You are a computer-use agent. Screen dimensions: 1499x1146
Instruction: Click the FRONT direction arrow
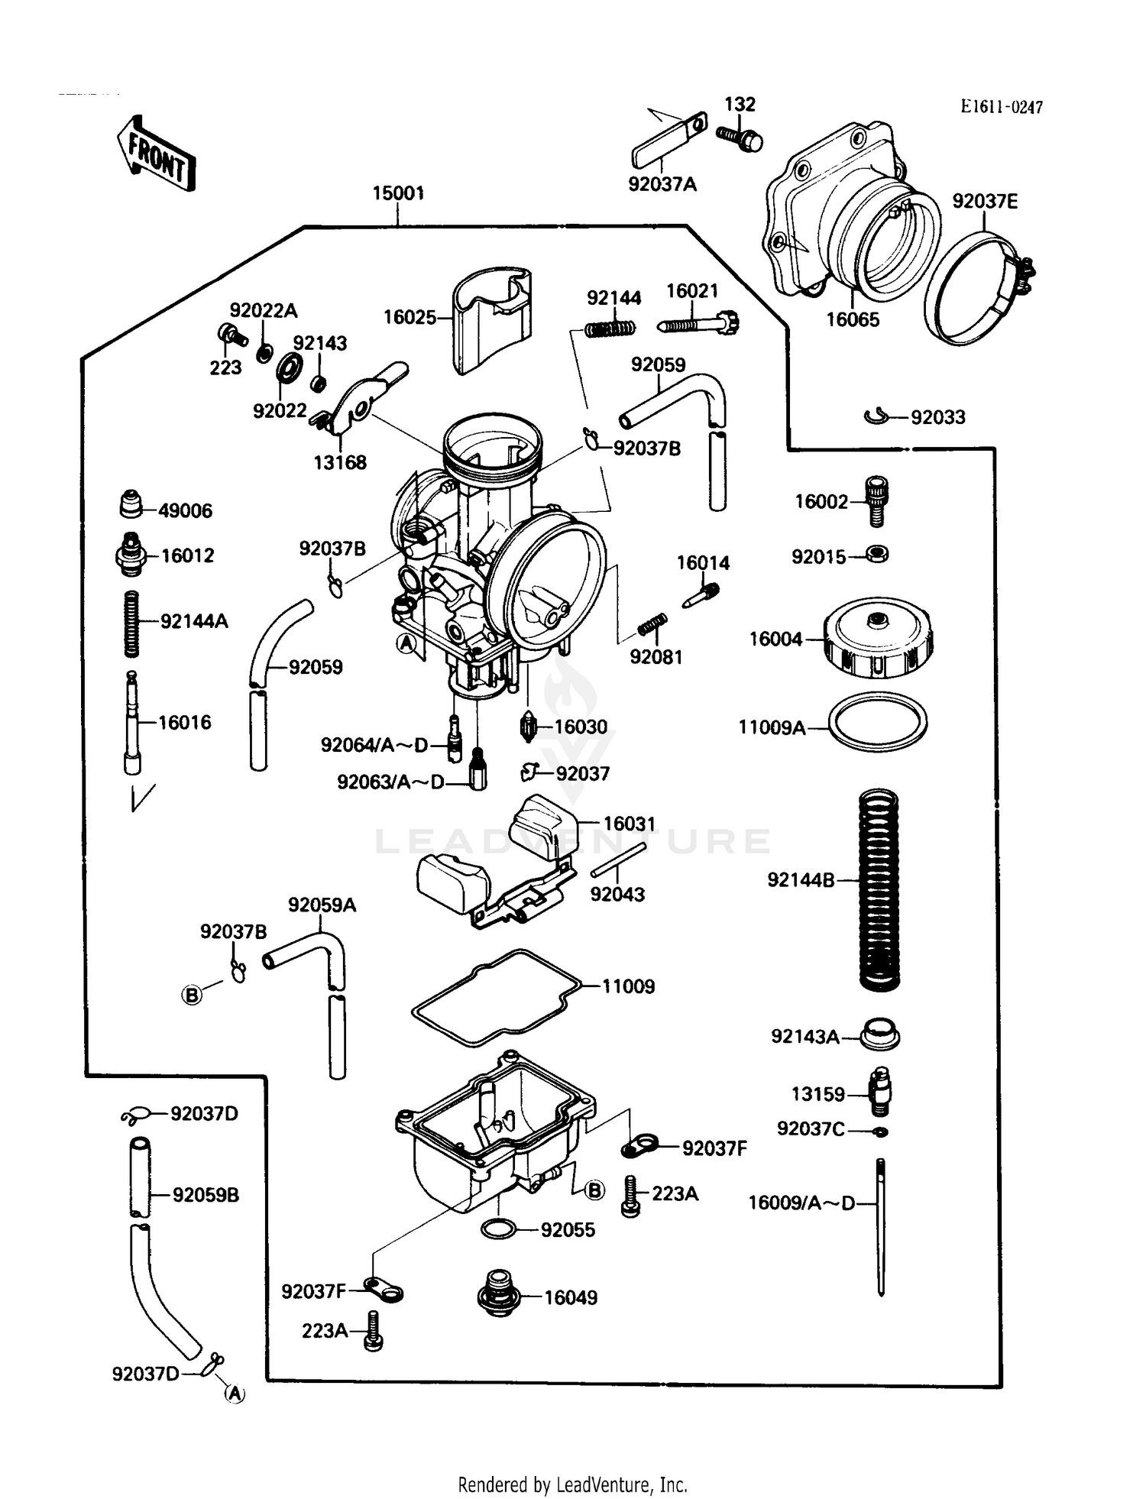(157, 154)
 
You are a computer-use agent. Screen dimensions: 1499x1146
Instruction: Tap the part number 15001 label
(398, 193)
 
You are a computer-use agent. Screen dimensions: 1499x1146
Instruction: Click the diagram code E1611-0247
(1001, 108)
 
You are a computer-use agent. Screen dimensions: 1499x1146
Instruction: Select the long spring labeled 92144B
(879, 889)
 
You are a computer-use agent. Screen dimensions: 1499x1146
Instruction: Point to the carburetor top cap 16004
(879, 638)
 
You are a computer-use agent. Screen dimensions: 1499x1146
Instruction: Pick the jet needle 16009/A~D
(881, 1226)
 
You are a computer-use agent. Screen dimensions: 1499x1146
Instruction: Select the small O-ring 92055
(497, 1229)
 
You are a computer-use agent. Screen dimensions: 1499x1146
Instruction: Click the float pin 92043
(618, 860)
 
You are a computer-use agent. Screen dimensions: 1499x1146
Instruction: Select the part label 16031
(630, 824)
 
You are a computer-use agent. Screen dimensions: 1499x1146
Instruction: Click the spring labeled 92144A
(132, 623)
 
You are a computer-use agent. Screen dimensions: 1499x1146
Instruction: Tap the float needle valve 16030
(527, 726)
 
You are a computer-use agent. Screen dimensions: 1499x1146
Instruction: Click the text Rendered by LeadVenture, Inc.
(572, 1484)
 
